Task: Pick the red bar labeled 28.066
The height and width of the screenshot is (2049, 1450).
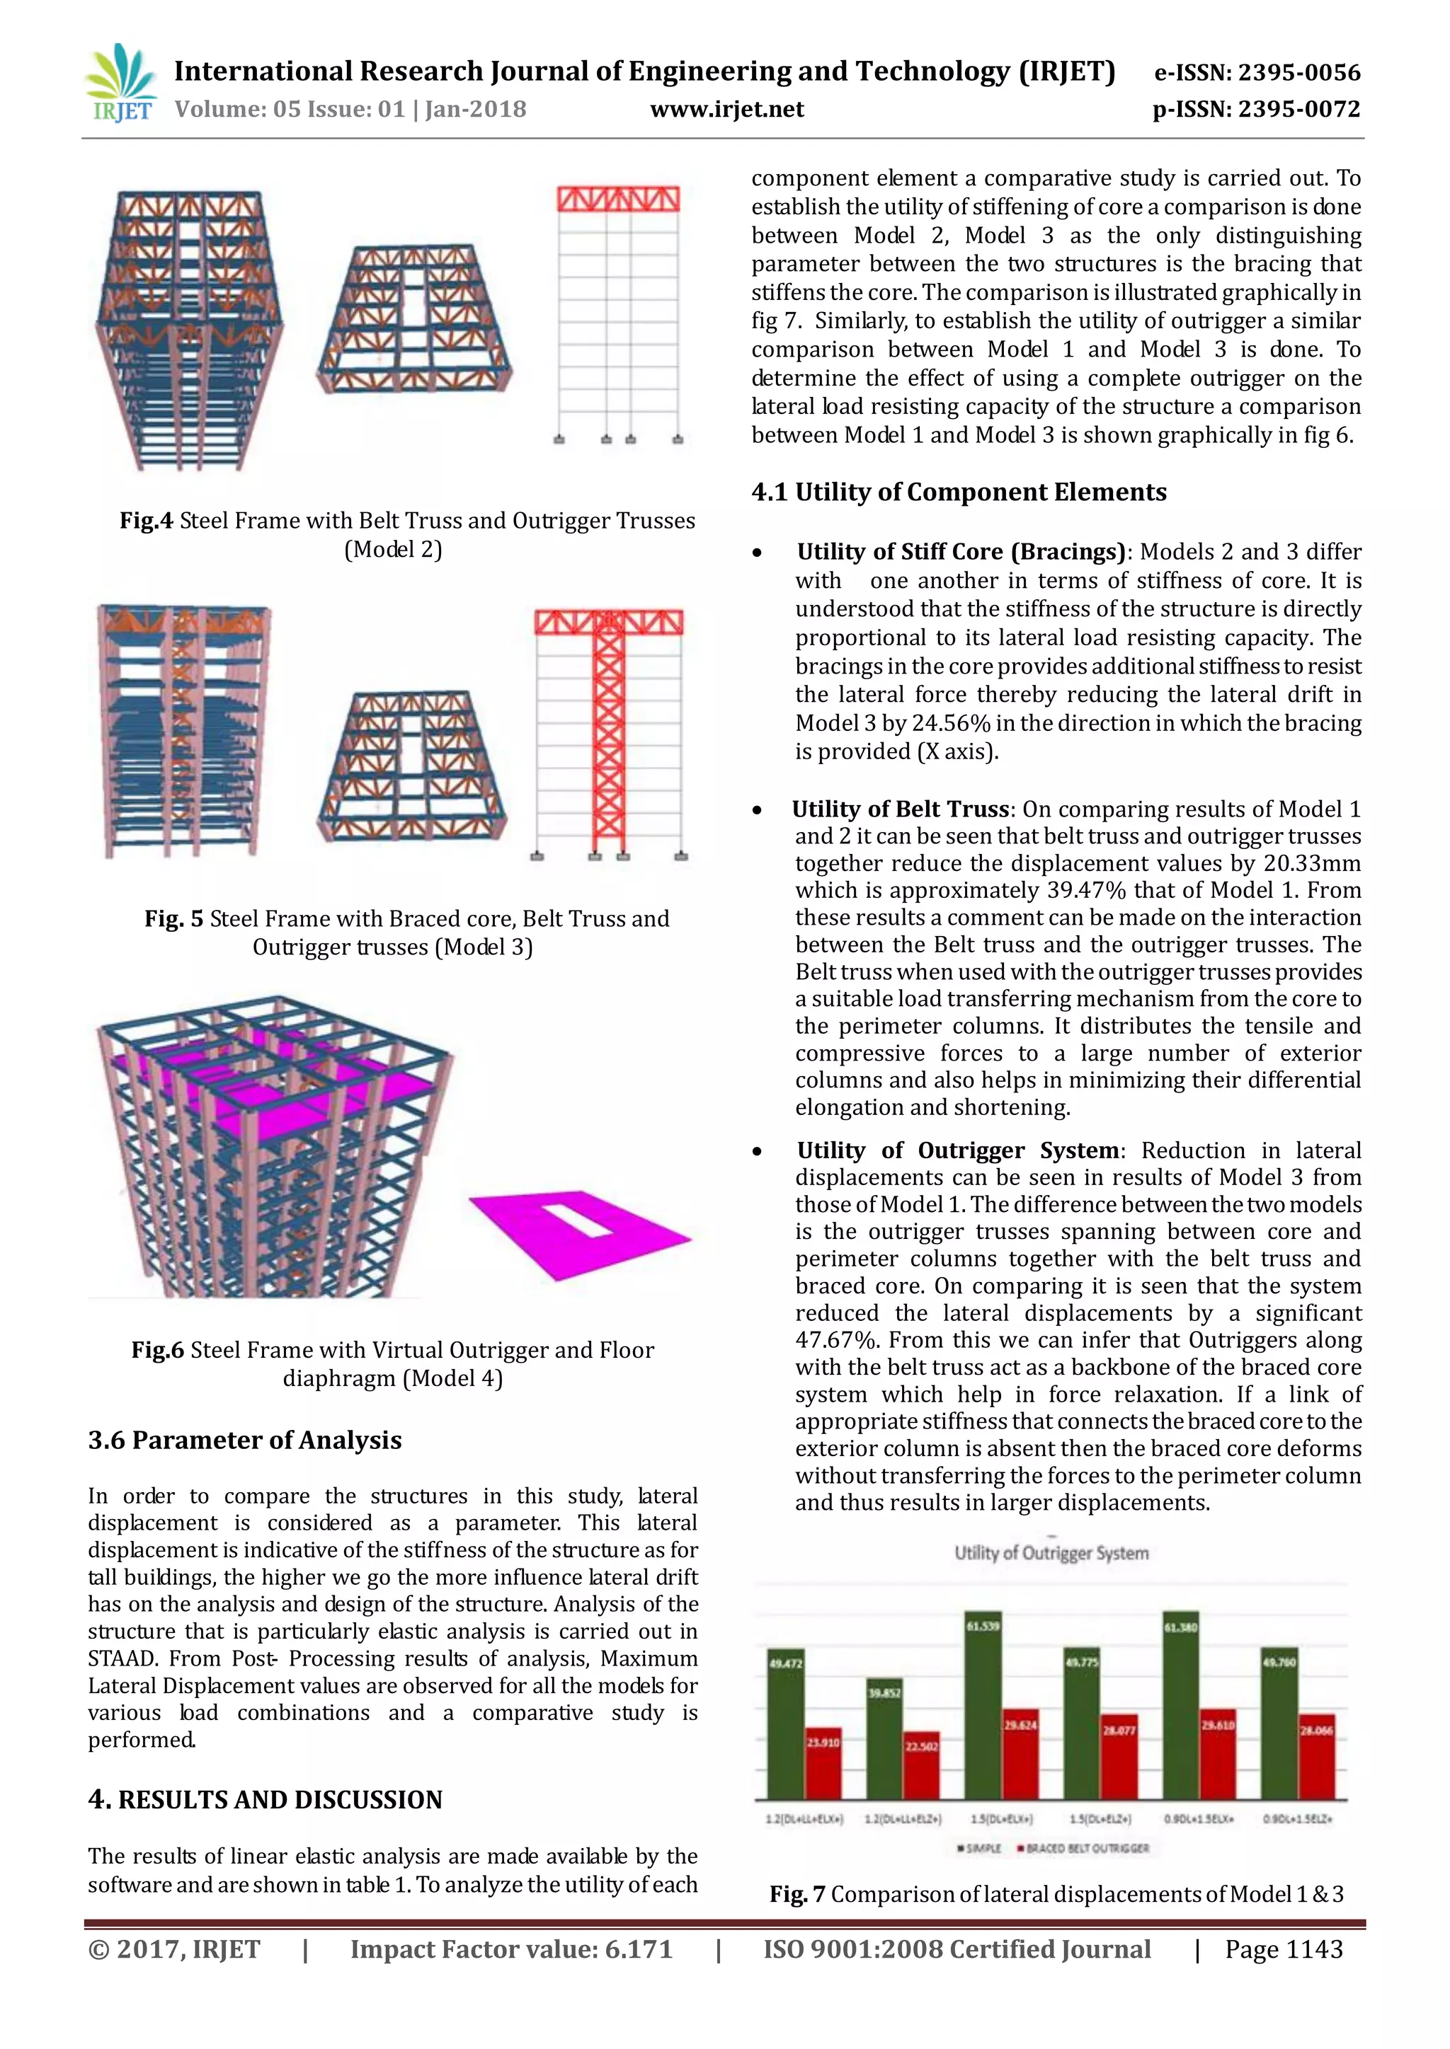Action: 1316,1755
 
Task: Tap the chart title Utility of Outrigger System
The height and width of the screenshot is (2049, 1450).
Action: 1051,1554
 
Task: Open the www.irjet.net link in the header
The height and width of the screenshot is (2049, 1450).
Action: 727,110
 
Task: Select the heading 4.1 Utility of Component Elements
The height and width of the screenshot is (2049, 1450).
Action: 958,492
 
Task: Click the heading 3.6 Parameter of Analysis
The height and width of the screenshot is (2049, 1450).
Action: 245,1441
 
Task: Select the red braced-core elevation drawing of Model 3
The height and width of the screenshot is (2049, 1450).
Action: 609,732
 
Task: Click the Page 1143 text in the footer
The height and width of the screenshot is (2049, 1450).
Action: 1283,1950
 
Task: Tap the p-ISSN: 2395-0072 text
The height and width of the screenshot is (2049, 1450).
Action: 1256,110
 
